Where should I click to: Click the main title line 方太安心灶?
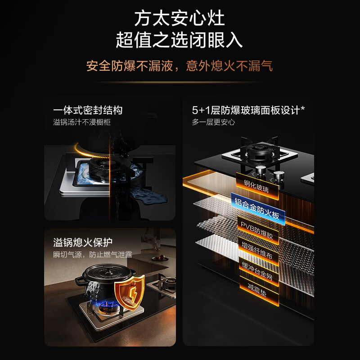point(180,18)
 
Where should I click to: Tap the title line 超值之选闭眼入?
point(180,40)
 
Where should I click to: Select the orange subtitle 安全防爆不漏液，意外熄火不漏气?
point(180,66)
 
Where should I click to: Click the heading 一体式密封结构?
point(88,110)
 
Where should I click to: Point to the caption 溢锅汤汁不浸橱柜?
point(81,122)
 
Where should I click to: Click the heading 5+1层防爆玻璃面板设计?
point(248,110)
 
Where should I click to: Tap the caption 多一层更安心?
point(213,122)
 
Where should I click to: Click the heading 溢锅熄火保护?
point(82,243)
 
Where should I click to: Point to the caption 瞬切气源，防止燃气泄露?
point(93,255)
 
